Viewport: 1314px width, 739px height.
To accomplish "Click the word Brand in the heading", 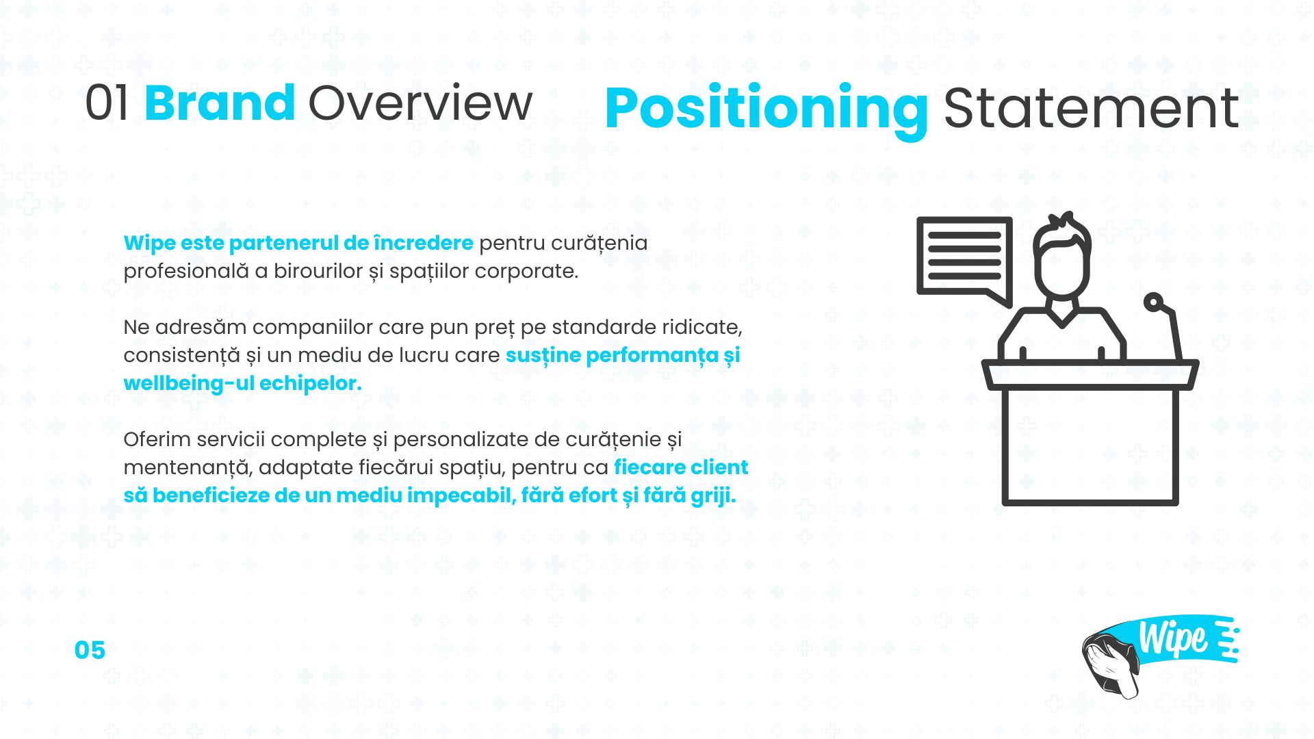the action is (x=220, y=103).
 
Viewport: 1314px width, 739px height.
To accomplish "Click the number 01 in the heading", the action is (x=107, y=103).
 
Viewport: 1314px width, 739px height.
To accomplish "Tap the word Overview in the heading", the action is (x=420, y=103).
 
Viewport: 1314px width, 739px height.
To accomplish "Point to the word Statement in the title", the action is (x=1092, y=108).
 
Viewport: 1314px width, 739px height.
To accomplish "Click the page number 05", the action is (x=90, y=650).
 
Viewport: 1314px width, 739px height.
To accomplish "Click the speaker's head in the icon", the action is (x=1061, y=257).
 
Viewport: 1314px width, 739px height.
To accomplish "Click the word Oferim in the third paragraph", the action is (x=157, y=439).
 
